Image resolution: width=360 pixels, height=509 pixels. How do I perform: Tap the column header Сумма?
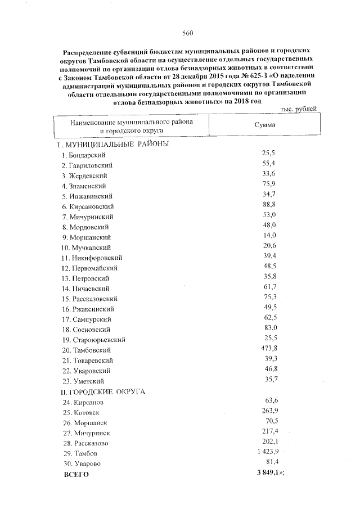(264, 125)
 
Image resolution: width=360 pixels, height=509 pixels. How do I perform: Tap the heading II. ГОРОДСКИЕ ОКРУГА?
(103, 391)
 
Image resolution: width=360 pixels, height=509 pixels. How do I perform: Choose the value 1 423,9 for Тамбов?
(265, 452)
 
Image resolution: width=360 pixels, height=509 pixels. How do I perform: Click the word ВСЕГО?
(75, 474)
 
